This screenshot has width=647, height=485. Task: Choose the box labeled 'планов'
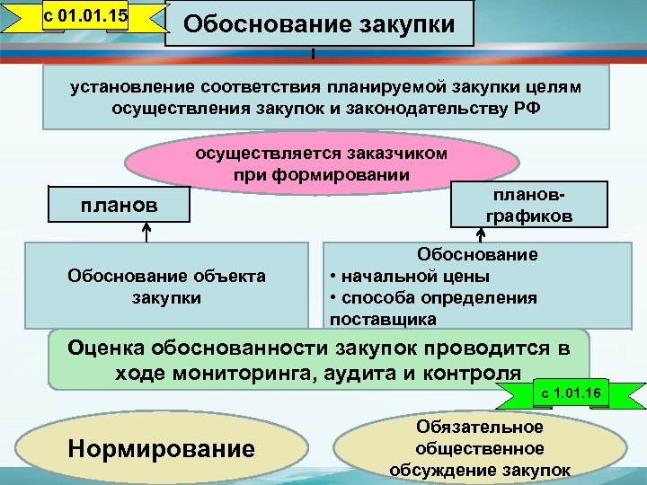pyautogui.click(x=120, y=206)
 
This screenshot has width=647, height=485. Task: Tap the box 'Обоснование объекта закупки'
pyautogui.click(x=167, y=287)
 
